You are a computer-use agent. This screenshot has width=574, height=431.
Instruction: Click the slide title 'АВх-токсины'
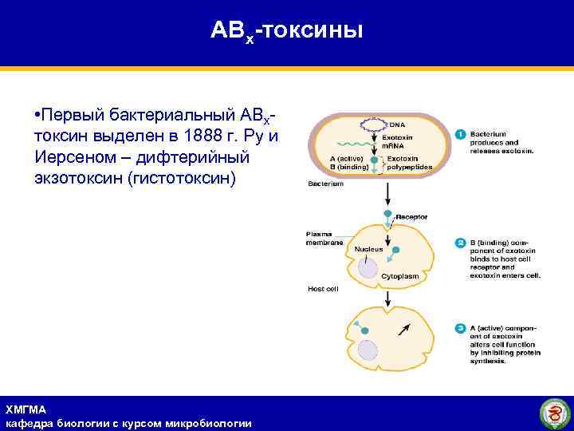pyautogui.click(x=286, y=31)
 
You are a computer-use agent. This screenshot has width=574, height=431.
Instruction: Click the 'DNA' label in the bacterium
pyautogui.click(x=397, y=125)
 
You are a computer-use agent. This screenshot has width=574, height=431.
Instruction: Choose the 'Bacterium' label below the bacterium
pyautogui.click(x=325, y=184)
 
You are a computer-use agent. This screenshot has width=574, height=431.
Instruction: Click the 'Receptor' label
pyautogui.click(x=412, y=216)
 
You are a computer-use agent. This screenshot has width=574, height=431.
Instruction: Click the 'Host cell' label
pyautogui.click(x=323, y=288)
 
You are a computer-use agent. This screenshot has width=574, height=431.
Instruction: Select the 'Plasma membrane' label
pyautogui.click(x=324, y=238)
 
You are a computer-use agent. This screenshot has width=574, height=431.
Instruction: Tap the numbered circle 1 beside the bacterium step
pyautogui.click(x=460, y=134)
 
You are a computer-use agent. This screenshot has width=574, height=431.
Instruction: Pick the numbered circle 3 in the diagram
pyautogui.click(x=460, y=328)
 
